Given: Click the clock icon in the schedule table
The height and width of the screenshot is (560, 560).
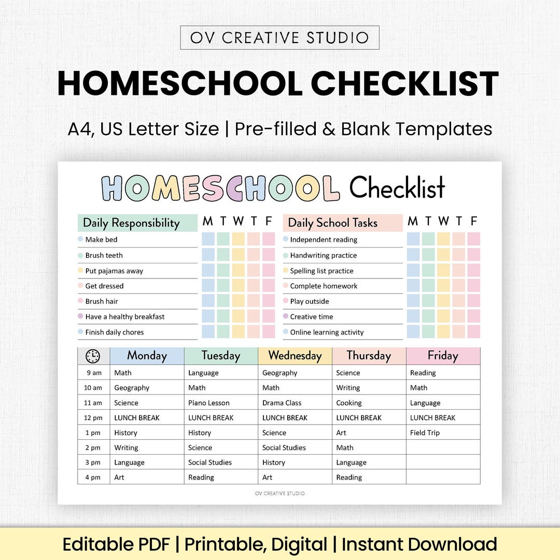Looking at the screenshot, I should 93,356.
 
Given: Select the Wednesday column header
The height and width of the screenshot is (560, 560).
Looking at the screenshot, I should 295,356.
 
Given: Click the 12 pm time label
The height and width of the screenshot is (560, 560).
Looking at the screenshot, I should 93,418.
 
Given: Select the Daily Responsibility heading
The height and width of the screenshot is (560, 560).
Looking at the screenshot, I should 131,223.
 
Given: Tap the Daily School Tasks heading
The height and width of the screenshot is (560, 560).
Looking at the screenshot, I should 332,223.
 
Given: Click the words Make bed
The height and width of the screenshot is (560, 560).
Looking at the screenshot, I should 101,240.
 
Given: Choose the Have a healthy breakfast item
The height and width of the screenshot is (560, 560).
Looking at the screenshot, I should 124,317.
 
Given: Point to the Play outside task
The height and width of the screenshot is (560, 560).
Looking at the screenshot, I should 310,301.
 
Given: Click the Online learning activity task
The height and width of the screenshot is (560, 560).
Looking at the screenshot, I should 327,332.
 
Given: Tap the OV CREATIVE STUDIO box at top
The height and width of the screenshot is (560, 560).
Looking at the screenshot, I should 279,38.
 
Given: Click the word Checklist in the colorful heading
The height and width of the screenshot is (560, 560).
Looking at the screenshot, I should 397,188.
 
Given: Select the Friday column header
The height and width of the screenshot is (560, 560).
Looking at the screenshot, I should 443,356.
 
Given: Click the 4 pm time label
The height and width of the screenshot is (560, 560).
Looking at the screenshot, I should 93,478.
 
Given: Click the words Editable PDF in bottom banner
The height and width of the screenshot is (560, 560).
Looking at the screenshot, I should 116,544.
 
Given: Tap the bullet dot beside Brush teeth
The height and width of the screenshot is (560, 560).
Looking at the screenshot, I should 80,255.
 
